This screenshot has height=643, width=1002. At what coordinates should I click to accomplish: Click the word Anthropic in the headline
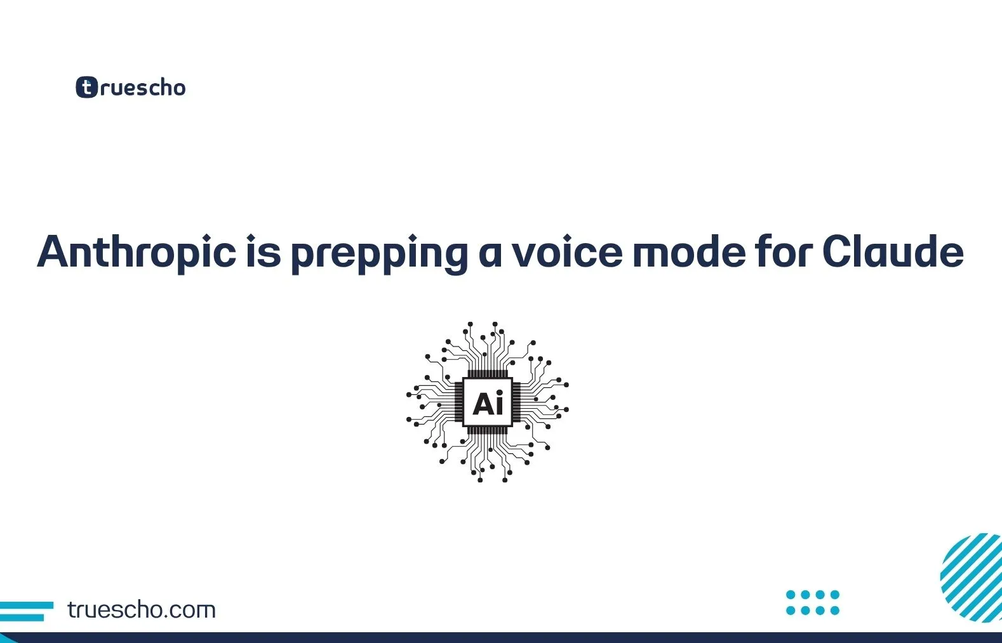(137, 253)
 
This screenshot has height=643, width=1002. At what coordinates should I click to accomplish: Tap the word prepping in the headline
(379, 253)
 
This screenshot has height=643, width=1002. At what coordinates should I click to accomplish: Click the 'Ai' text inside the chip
(488, 403)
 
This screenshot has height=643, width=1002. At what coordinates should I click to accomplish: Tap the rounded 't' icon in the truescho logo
(87, 87)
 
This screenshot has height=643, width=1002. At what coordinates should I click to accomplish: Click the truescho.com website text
(142, 610)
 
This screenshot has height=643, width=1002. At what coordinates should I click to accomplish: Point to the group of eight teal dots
(813, 602)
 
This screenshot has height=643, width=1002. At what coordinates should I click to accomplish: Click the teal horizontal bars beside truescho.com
(26, 611)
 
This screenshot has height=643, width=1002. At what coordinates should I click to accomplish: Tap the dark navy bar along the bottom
(501, 638)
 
